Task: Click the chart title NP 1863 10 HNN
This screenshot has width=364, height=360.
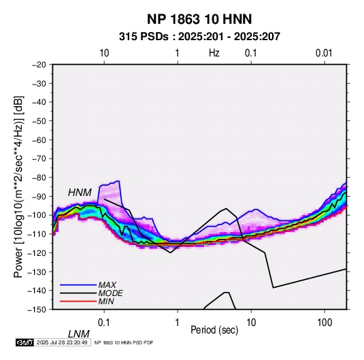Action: [x=199, y=19]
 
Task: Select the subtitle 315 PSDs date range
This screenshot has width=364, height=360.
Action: [x=199, y=37]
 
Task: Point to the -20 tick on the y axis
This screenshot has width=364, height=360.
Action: [x=39, y=65]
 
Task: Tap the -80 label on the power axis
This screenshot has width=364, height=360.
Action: [x=39, y=178]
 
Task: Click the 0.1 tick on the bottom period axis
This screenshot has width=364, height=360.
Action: [x=104, y=323]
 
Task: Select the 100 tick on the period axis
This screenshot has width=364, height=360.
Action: [x=325, y=323]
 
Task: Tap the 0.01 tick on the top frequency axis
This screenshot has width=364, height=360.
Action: [x=324, y=53]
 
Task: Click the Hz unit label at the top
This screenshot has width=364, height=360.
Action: [x=214, y=53]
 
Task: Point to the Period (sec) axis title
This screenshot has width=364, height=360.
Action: [x=214, y=330]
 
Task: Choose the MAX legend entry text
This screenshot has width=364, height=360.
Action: [x=107, y=285]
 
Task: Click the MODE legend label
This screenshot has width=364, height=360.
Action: [x=110, y=293]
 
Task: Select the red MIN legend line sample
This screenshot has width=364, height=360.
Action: [x=78, y=301]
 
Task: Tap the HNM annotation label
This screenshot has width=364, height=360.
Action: [x=80, y=193]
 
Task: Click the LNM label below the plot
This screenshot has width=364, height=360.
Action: [x=78, y=334]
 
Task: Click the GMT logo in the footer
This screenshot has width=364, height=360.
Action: [x=24, y=342]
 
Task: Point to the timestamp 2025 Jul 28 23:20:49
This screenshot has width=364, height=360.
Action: [x=62, y=342]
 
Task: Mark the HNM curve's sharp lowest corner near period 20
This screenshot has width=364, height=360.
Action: [x=274, y=288]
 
